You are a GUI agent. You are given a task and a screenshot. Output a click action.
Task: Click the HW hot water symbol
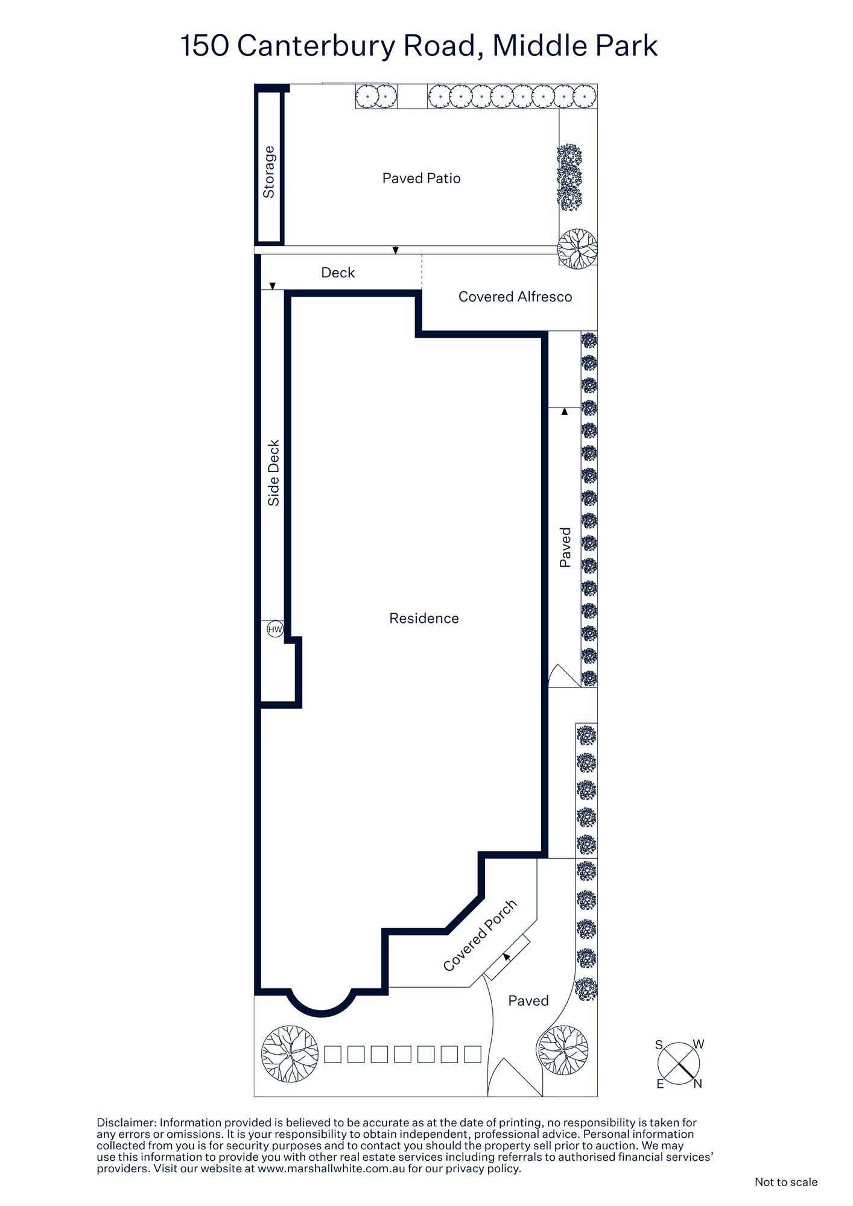click(275, 630)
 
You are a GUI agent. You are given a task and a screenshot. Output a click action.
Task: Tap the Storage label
click(269, 172)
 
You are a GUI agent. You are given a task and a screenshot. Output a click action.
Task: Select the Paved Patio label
click(421, 178)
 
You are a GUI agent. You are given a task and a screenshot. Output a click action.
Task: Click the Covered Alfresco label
click(515, 297)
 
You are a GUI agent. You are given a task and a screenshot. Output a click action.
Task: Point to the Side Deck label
click(274, 473)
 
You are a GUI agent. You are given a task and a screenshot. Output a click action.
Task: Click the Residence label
click(423, 618)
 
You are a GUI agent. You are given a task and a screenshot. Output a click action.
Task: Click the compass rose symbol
click(679, 1064)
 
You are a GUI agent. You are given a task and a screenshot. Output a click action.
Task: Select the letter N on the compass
click(698, 1084)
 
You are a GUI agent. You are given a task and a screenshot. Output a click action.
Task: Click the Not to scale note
click(785, 1182)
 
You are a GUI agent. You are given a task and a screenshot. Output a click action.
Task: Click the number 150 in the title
click(204, 46)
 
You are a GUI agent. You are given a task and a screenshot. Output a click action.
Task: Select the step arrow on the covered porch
click(507, 956)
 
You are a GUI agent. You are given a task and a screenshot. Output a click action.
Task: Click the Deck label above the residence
click(338, 273)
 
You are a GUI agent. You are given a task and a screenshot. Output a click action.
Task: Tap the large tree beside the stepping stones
click(290, 1054)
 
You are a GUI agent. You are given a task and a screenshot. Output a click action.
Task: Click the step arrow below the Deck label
click(273, 286)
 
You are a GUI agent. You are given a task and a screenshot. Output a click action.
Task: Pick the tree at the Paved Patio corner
click(577, 248)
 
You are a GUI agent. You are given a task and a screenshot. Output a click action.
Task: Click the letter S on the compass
click(659, 1044)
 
